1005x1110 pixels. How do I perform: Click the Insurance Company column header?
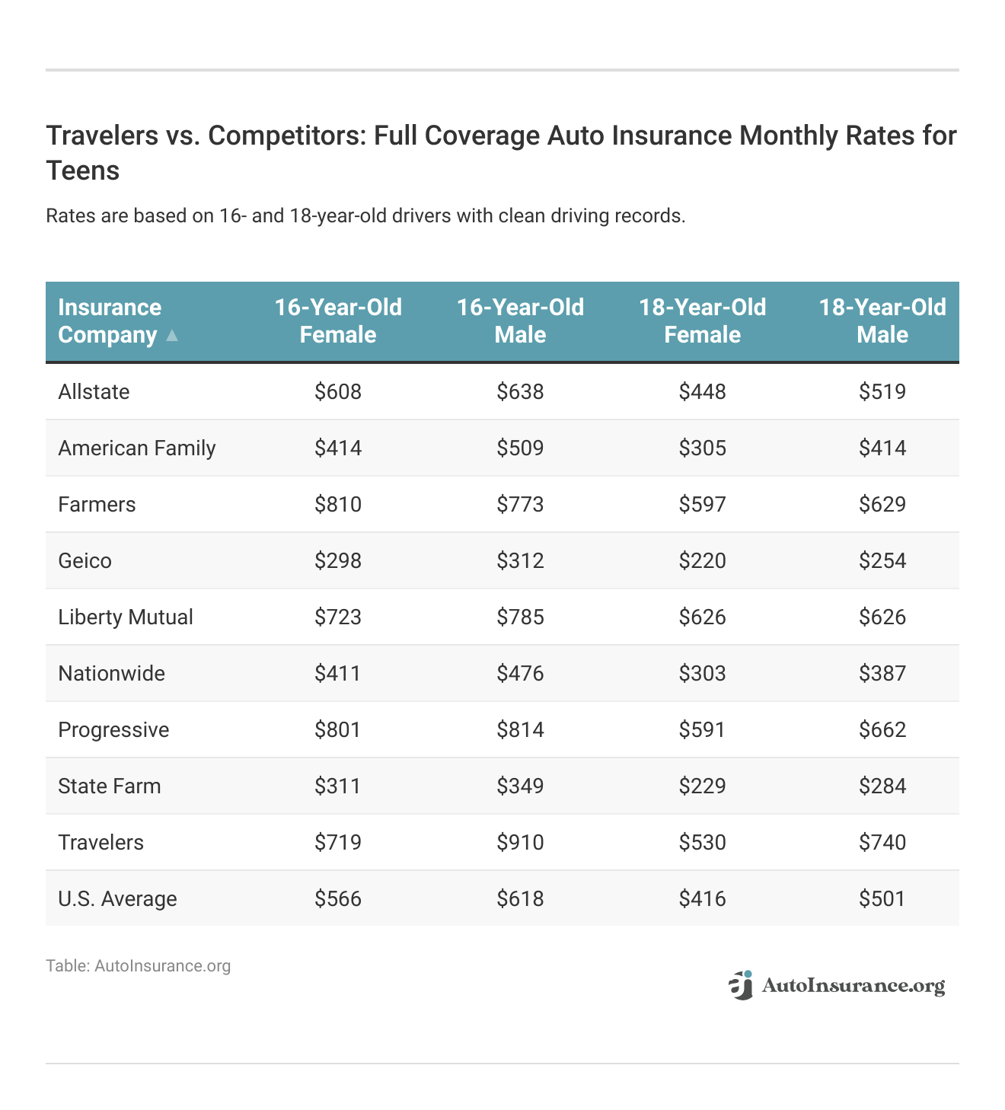click(x=110, y=321)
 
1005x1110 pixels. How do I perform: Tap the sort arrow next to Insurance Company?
click(x=172, y=335)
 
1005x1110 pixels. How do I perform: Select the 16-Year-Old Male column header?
click(x=520, y=321)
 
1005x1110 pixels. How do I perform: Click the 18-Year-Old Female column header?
click(x=702, y=321)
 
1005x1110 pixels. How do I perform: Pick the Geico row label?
click(x=85, y=561)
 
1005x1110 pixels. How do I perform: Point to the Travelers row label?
click(x=100, y=843)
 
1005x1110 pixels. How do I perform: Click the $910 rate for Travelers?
click(x=520, y=843)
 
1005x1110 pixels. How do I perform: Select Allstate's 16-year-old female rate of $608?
click(x=338, y=392)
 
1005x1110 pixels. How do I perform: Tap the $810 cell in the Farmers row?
click(x=338, y=505)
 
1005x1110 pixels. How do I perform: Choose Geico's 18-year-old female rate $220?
click(x=702, y=561)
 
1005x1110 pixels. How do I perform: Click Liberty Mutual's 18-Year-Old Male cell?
click(x=882, y=617)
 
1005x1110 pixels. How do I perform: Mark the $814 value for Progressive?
click(x=520, y=730)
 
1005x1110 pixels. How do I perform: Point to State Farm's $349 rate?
click(x=520, y=786)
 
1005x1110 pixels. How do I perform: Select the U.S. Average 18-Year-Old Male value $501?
click(x=882, y=899)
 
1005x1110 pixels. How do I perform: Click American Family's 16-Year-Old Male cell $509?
click(x=520, y=448)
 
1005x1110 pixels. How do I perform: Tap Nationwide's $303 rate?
click(x=702, y=674)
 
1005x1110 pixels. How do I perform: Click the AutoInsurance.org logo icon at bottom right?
click(x=740, y=985)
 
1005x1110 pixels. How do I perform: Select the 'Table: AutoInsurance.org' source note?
click(x=138, y=966)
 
